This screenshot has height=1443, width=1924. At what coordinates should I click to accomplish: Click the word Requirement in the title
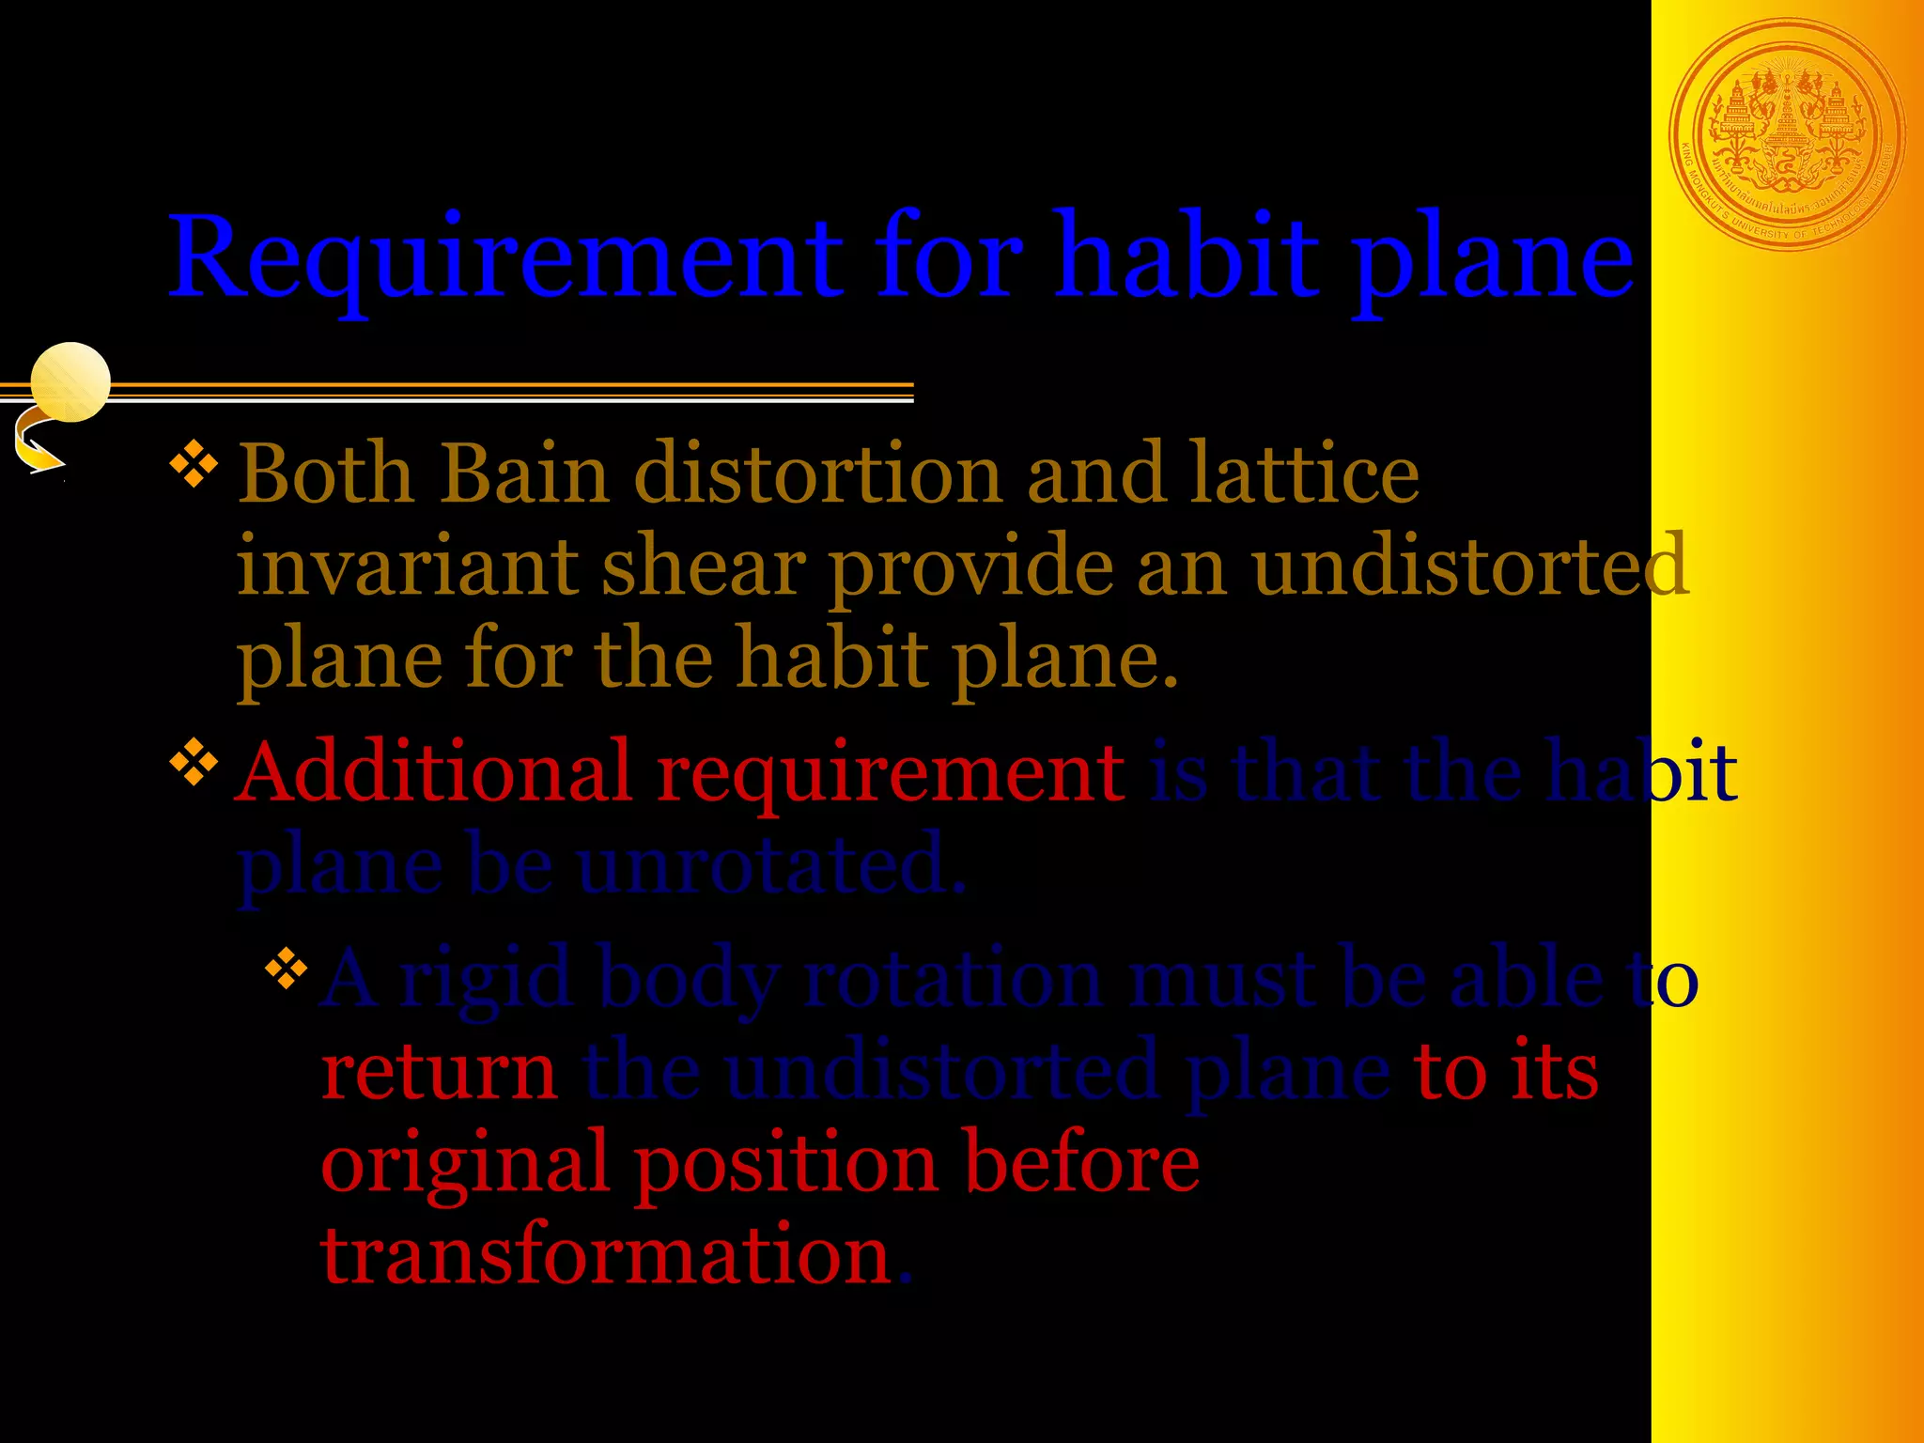tap(505, 258)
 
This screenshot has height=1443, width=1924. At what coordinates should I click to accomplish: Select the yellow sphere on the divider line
tap(70, 381)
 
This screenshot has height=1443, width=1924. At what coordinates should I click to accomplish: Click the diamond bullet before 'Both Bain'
tap(194, 467)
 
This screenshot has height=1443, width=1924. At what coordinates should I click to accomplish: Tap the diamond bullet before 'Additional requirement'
tap(194, 763)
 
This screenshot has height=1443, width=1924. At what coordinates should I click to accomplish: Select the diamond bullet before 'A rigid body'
tap(287, 970)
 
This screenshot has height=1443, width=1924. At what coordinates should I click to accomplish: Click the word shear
tap(704, 566)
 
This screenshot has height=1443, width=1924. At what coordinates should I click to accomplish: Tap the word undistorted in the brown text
tap(1470, 566)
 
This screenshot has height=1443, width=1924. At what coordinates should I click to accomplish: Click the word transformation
tap(606, 1256)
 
